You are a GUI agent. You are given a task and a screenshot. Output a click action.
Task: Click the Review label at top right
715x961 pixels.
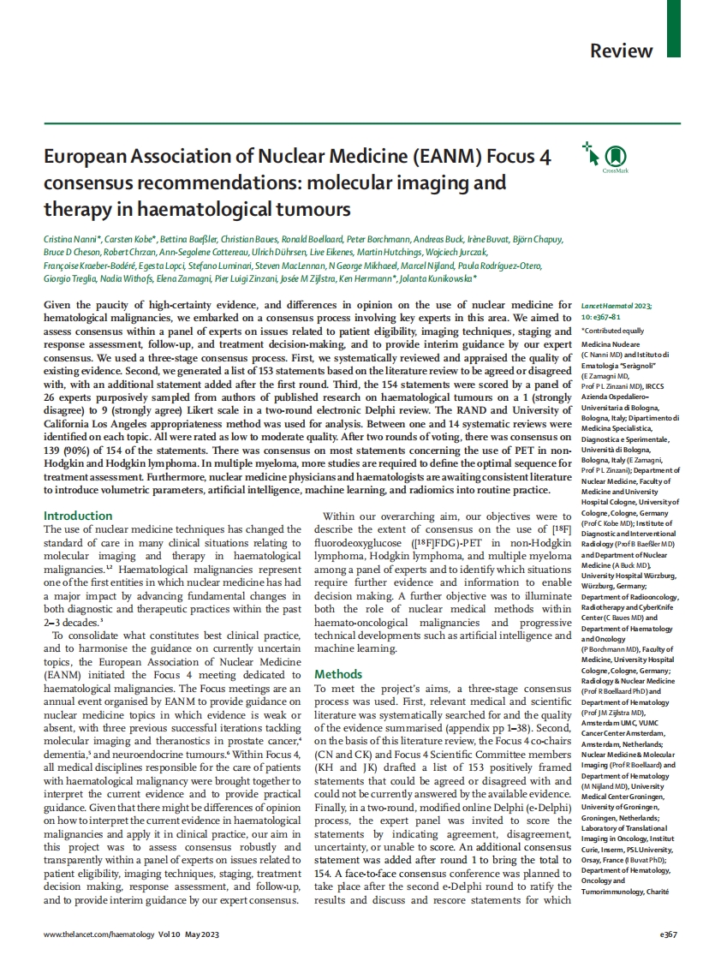621,51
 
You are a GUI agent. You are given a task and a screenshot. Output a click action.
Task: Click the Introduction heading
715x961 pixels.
78,516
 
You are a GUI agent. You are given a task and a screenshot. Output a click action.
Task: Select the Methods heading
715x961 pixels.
339,674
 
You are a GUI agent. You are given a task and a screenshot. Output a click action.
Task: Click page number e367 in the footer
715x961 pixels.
666,934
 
